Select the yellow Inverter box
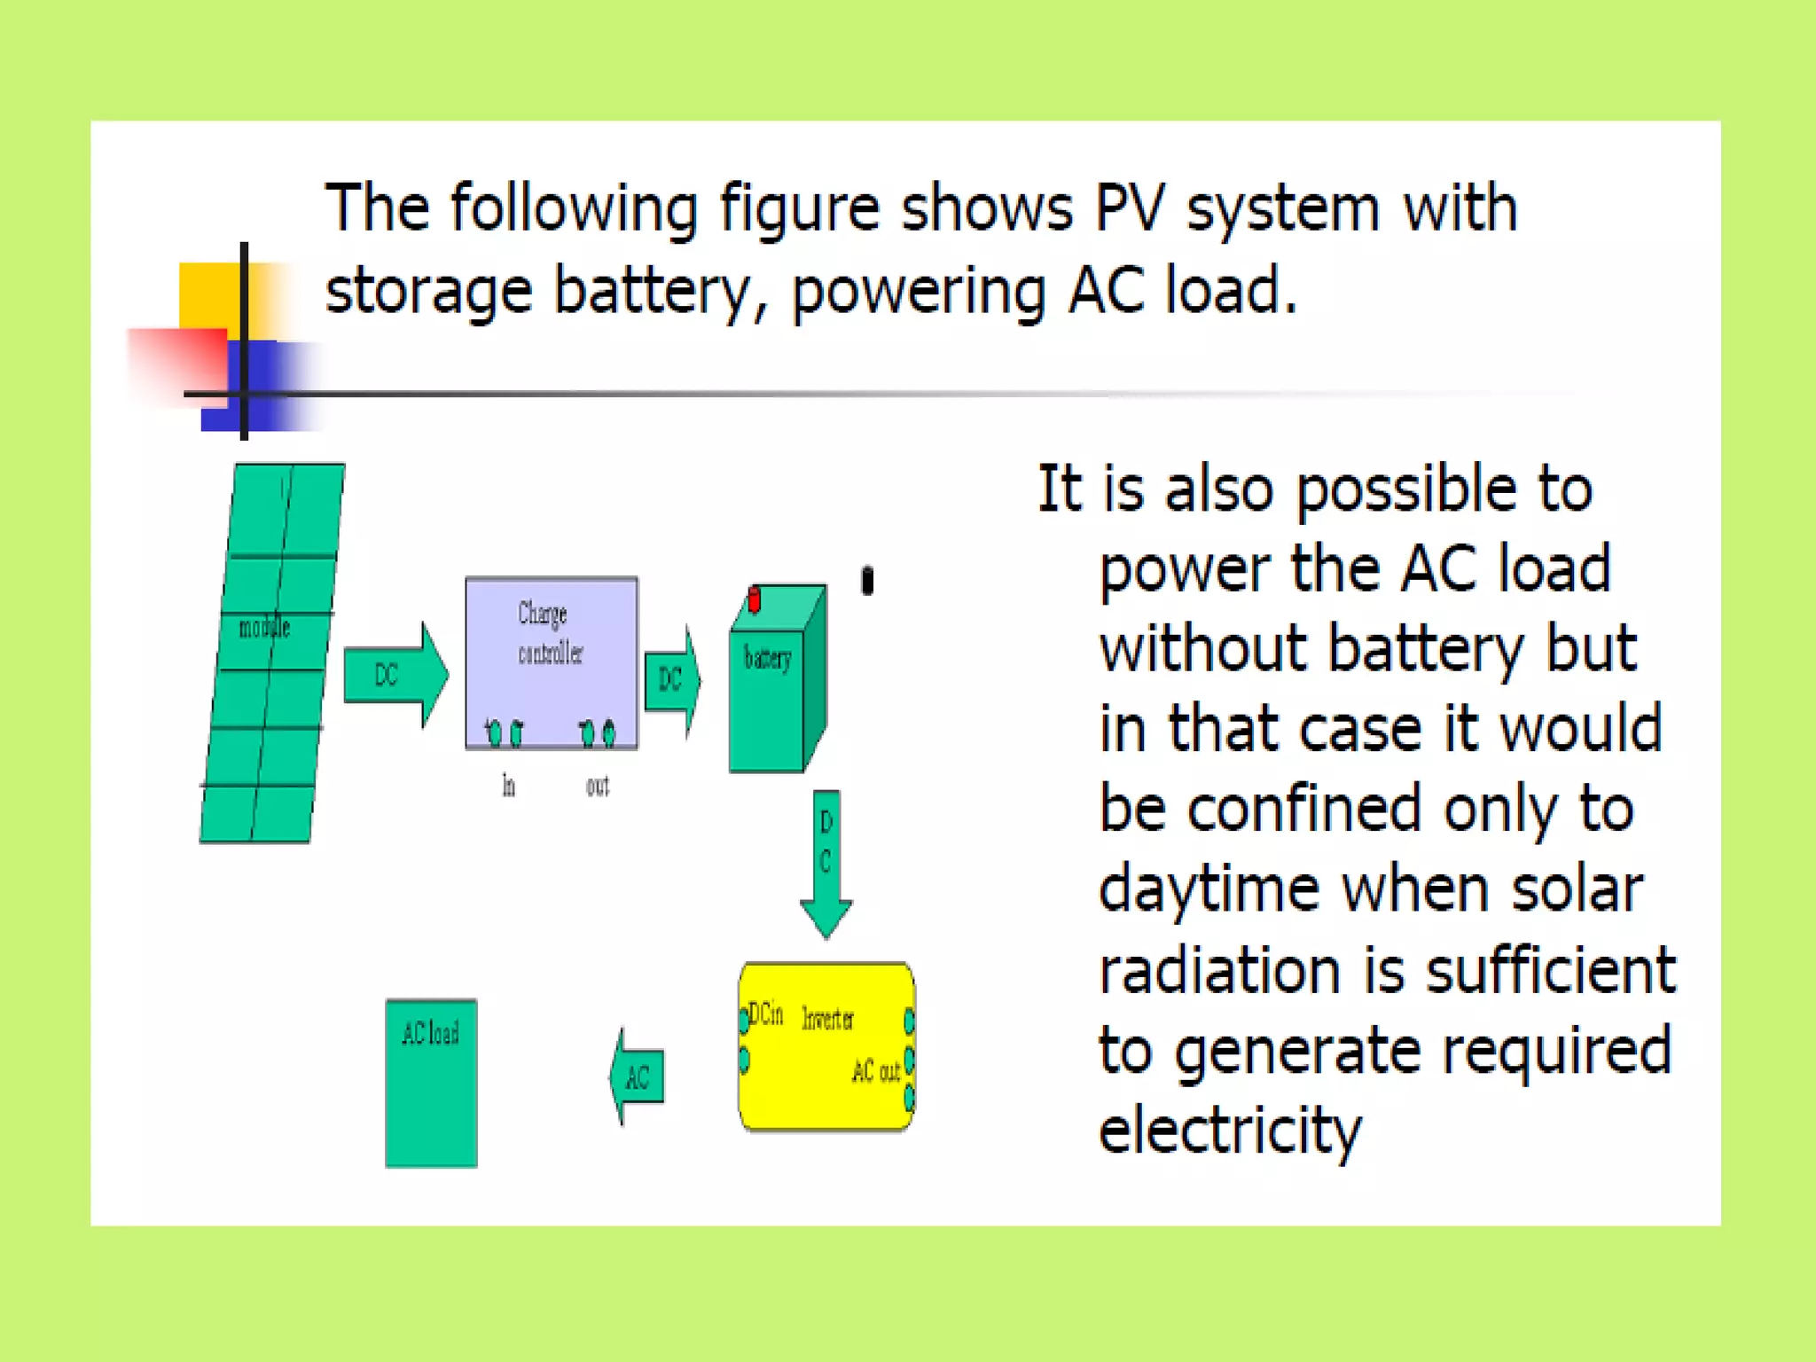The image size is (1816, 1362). pos(826,1046)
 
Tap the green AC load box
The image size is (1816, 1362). pos(431,1084)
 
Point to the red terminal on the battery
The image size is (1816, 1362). pos(754,599)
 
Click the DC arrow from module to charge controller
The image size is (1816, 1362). pos(394,676)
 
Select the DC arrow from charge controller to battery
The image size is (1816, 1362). pos(671,680)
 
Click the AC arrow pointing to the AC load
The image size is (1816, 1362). pos(638,1077)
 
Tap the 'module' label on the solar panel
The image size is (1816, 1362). pos(264,629)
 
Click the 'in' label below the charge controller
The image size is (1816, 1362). pos(508,786)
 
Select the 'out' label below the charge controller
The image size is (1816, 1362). pos(598,786)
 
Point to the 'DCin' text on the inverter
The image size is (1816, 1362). pos(766,1014)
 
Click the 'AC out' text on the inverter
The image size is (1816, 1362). pos(876,1071)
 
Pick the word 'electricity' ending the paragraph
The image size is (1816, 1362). pos(1229,1131)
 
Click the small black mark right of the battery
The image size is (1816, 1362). pos(867,581)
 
